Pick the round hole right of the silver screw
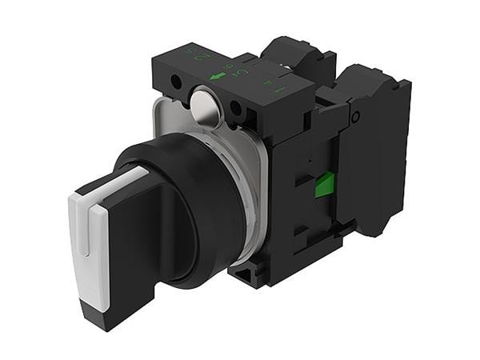(235, 109)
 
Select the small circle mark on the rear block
(356, 115)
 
